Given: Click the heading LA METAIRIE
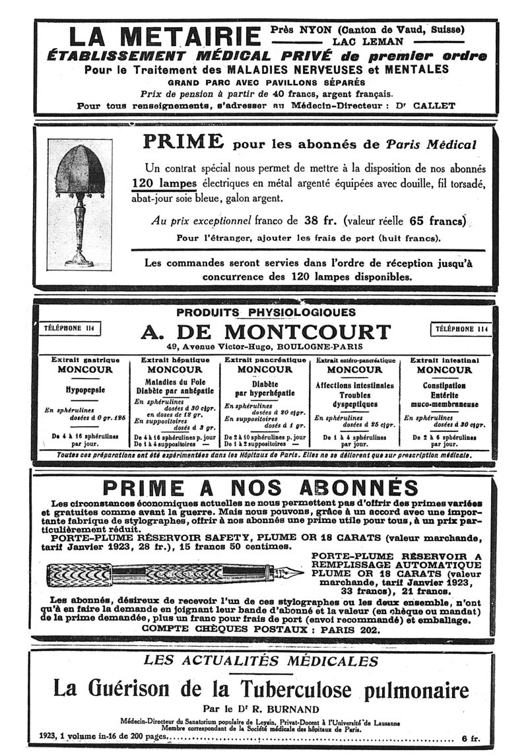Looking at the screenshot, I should pos(165,36).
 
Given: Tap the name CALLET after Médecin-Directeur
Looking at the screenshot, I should pos(411,105).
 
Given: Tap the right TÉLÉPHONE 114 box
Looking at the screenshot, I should pos(462,329).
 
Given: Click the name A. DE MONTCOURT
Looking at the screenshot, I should pos(265,331).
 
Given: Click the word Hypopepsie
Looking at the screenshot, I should pos(82,389).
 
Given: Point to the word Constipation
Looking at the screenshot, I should pos(444,385).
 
